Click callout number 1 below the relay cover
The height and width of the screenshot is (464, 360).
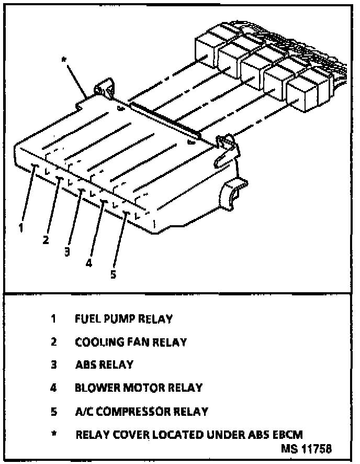pyautogui.click(x=20, y=227)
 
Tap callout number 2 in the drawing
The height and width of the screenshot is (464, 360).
pyautogui.click(x=46, y=240)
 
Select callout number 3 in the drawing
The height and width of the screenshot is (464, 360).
pyautogui.click(x=67, y=252)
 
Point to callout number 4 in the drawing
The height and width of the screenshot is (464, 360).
pyautogui.click(x=89, y=263)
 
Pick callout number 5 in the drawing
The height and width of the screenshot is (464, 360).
pyautogui.click(x=113, y=274)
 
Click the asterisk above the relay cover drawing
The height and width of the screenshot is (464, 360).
pyautogui.click(x=64, y=61)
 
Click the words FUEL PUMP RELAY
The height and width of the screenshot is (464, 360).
pyautogui.click(x=123, y=318)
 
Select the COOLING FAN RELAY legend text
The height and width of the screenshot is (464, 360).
pyautogui.click(x=131, y=342)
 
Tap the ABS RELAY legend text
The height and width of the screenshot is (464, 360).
pyautogui.click(x=104, y=365)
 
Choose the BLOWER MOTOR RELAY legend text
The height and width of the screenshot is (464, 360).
pyautogui.click(x=139, y=388)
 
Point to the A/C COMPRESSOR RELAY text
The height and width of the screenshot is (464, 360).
pyautogui.click(x=141, y=412)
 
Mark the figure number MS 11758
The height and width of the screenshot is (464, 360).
pyautogui.click(x=307, y=449)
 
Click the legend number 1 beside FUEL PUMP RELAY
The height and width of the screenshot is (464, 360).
pyautogui.click(x=53, y=318)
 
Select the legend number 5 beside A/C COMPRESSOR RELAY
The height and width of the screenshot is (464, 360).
pyautogui.click(x=53, y=412)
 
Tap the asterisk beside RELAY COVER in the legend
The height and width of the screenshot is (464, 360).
pyautogui.click(x=53, y=434)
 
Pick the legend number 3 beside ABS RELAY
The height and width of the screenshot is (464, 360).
pyautogui.click(x=53, y=365)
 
